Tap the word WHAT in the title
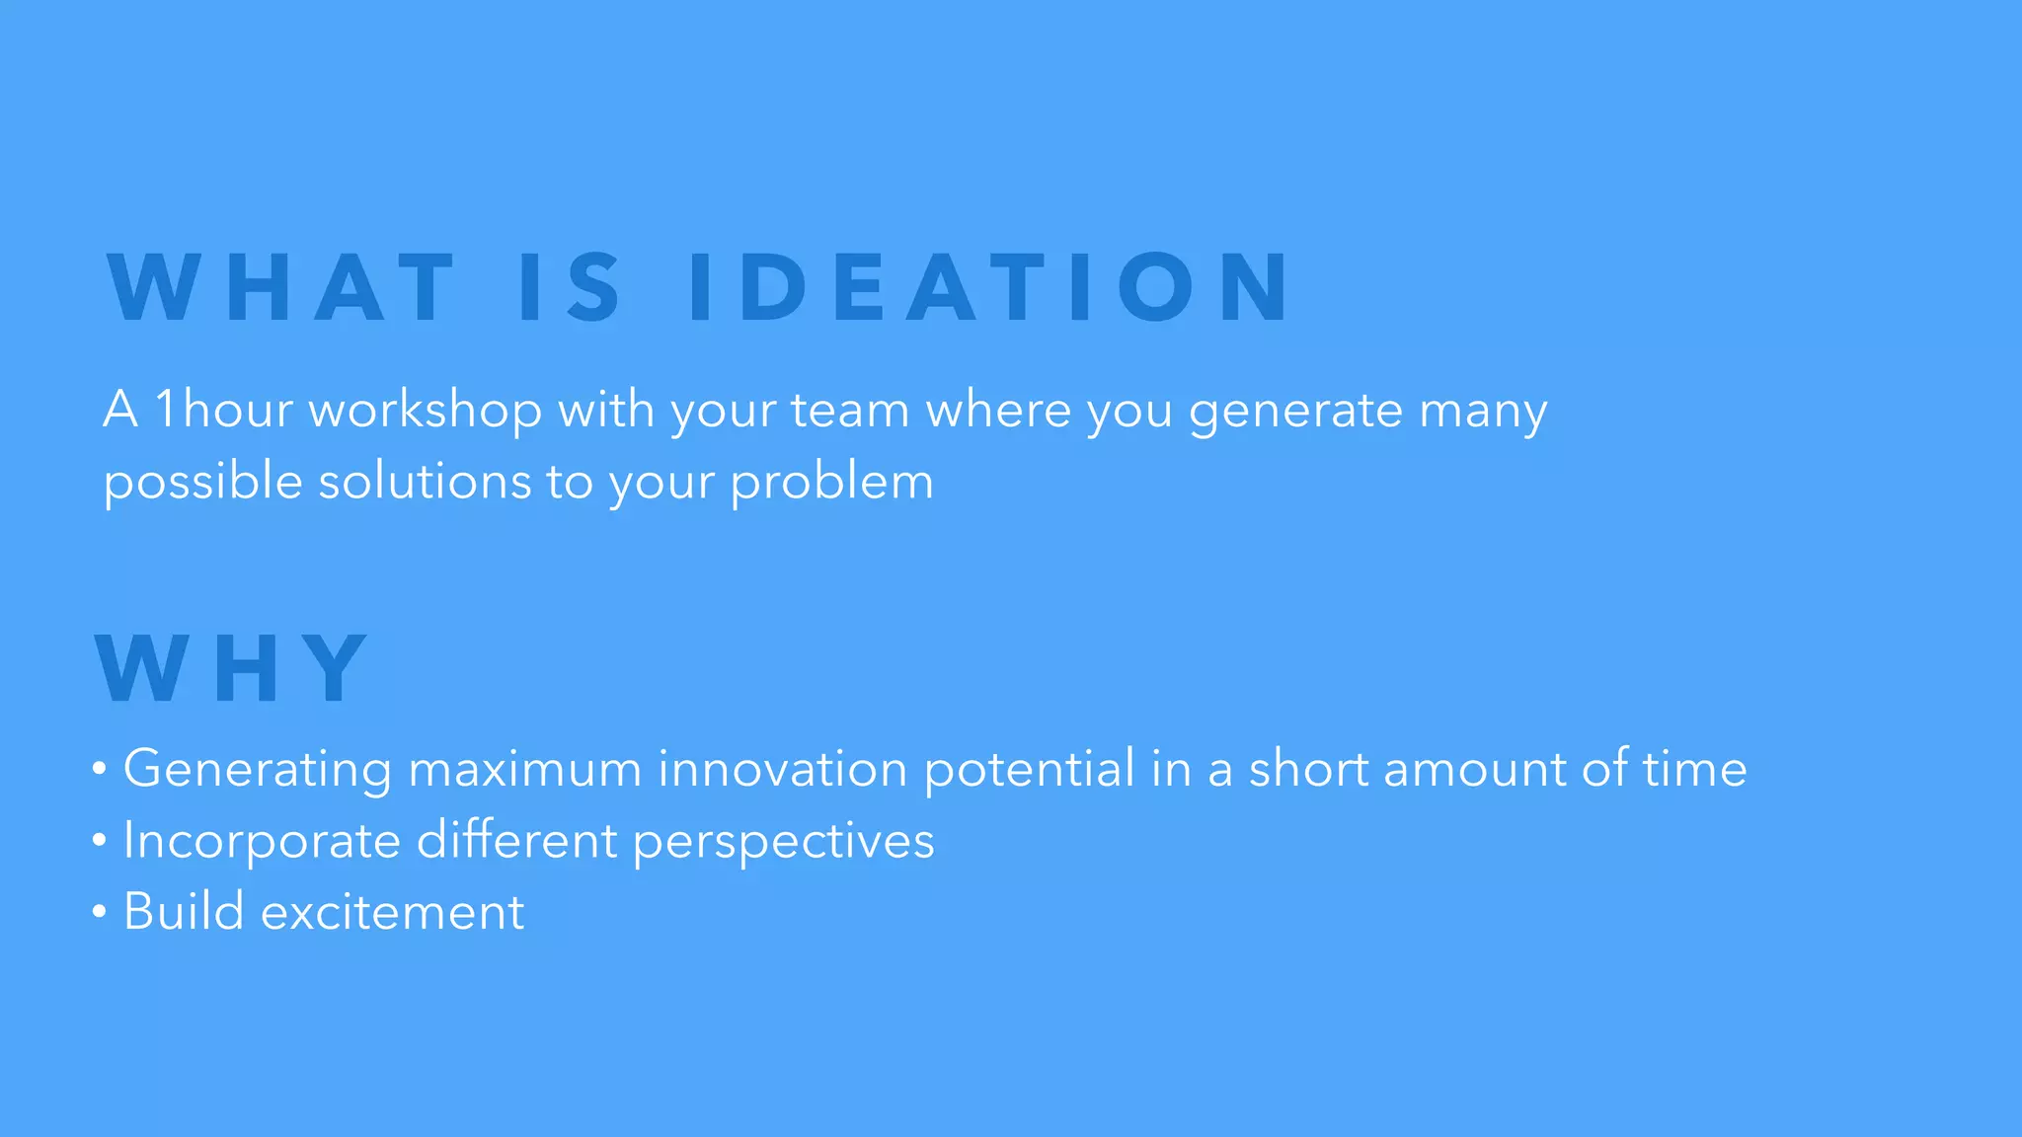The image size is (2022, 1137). pos(281,287)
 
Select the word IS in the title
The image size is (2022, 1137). pos(571,287)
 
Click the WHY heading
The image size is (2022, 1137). pos(232,669)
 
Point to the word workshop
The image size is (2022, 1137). pos(426,411)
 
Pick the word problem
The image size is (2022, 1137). pos(831,484)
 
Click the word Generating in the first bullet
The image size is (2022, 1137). pos(258,770)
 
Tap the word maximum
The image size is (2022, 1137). pos(525,770)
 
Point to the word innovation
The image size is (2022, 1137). pos(783,769)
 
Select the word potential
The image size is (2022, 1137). pos(1030,770)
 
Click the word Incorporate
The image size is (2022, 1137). pos(262,842)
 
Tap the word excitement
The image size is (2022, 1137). pos(392,912)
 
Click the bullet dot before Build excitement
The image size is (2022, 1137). pos(99,913)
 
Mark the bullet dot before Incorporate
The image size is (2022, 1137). pos(99,841)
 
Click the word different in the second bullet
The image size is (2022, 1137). pos(517,841)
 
